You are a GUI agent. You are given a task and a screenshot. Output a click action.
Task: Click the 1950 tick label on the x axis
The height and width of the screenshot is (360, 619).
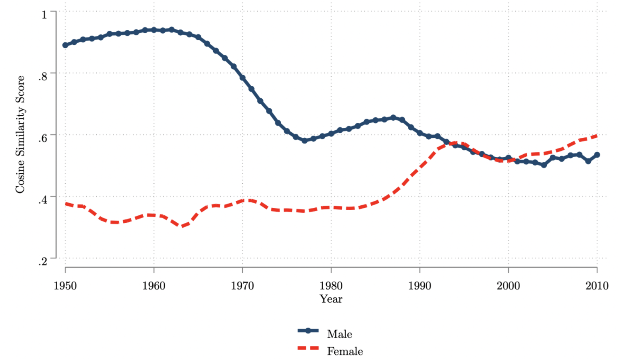(65, 286)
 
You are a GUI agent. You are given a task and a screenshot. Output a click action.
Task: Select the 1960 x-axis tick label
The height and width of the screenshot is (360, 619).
(154, 286)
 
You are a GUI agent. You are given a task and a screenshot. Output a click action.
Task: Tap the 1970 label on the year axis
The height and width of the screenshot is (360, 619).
(242, 286)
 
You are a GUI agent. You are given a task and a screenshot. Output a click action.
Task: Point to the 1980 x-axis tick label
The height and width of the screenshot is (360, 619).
(331, 286)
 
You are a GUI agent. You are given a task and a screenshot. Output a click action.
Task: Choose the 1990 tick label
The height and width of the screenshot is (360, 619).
(419, 286)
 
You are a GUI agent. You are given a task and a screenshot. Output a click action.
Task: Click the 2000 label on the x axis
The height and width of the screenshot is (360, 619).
(508, 286)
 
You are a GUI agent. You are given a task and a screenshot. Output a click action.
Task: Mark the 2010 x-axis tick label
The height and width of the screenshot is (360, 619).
(597, 286)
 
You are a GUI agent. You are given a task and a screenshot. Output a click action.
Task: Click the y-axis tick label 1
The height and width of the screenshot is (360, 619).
(44, 15)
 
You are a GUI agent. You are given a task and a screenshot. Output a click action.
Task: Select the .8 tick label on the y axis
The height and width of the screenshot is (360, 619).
(42, 76)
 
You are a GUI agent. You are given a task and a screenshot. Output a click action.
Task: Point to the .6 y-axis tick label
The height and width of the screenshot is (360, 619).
(42, 138)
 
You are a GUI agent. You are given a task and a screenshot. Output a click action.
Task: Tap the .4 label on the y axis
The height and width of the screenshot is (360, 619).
(42, 200)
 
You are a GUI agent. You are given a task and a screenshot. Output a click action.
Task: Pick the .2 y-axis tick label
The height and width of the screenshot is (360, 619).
(42, 262)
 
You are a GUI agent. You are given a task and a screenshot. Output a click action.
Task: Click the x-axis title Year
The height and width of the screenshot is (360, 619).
(331, 299)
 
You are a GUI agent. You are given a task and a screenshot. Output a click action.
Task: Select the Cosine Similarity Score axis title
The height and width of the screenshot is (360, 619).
(20, 134)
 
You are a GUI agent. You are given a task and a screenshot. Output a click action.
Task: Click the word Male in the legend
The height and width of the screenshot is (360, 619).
(339, 334)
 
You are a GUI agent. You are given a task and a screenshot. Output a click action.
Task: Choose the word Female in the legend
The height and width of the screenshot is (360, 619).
(345, 351)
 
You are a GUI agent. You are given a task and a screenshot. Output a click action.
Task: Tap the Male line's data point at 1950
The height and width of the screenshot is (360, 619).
(65, 45)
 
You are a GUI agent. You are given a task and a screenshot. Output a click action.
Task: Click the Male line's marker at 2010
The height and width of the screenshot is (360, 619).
(597, 155)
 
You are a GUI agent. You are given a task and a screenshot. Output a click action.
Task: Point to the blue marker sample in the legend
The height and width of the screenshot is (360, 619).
(308, 331)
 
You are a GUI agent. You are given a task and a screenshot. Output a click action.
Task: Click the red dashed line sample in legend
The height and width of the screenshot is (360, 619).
(308, 348)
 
